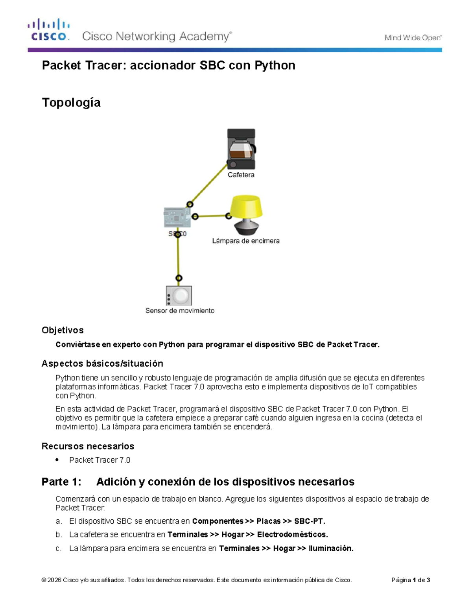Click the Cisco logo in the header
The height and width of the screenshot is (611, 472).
(49, 30)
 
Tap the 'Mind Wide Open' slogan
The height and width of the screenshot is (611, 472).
(413, 38)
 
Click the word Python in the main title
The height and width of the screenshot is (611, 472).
(275, 65)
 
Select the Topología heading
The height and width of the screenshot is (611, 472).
(71, 103)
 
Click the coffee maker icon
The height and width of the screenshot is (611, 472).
(242, 149)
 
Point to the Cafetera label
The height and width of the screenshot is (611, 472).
(241, 175)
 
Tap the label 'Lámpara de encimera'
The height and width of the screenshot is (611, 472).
(246, 241)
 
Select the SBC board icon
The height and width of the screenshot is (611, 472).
(177, 217)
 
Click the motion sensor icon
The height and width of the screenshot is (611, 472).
(179, 295)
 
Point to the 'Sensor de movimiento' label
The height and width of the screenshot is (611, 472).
(180, 311)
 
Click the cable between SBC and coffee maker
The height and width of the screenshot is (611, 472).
(209, 185)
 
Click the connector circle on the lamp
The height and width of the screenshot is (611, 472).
(229, 216)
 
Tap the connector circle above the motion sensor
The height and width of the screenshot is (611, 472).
(179, 278)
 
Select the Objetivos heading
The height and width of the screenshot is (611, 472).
(63, 330)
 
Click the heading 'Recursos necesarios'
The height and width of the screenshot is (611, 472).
(88, 446)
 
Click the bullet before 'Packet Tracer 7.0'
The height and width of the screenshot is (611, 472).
(57, 460)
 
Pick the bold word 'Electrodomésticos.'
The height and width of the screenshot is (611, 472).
(293, 535)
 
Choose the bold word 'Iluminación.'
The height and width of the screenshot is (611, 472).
(331, 548)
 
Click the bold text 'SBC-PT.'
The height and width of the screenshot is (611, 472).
(310, 521)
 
